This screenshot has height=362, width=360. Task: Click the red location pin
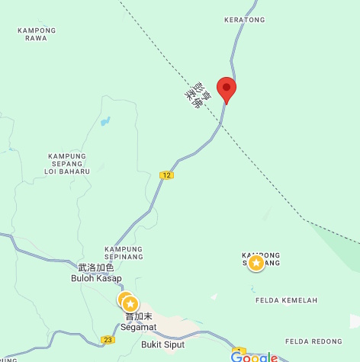tap(227, 88)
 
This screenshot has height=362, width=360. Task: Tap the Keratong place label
tap(243, 19)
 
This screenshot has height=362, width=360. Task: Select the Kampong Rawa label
tap(36, 34)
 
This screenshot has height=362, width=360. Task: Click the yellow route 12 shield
tap(166, 175)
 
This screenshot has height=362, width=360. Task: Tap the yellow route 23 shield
tap(108, 340)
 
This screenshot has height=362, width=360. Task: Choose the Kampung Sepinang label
tap(124, 253)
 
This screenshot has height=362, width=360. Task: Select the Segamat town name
tap(138, 327)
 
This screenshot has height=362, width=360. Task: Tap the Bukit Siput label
tap(163, 344)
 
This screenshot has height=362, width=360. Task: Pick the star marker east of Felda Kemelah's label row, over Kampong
tap(257, 263)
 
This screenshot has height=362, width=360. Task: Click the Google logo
tap(254, 357)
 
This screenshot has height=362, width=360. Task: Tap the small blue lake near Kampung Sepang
tap(105, 121)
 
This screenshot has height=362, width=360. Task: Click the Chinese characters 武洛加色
tap(96, 267)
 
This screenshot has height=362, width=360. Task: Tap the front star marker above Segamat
tap(130, 303)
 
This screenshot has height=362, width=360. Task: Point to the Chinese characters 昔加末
tap(139, 316)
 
